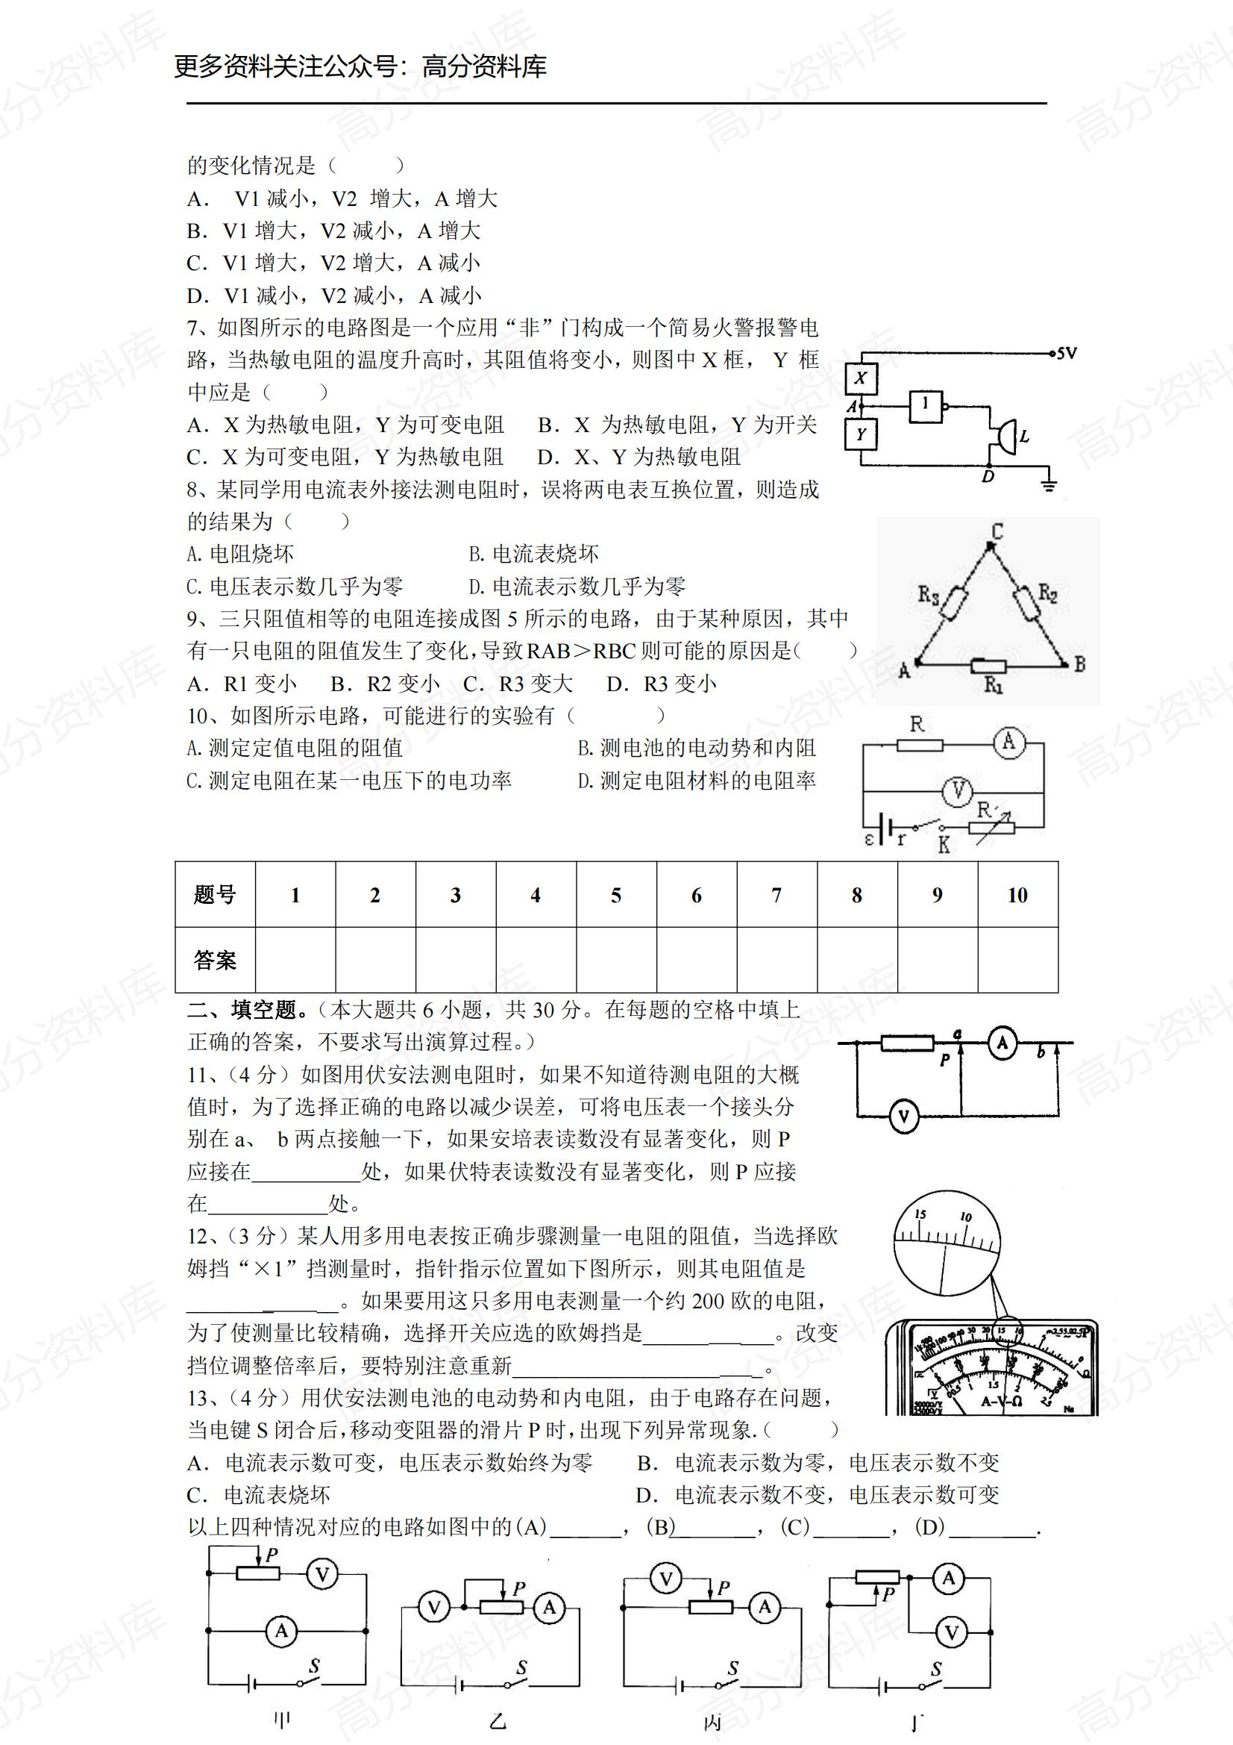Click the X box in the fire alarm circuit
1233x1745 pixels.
click(861, 378)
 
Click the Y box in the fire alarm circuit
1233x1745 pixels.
click(861, 434)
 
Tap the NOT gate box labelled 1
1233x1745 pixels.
click(926, 406)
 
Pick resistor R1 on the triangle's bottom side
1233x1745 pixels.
click(990, 667)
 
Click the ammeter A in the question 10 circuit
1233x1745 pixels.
click(1009, 741)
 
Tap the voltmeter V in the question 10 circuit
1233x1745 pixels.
click(958, 792)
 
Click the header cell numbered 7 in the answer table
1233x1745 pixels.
click(776, 896)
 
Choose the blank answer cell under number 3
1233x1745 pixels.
click(456, 960)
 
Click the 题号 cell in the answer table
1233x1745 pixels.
click(215, 896)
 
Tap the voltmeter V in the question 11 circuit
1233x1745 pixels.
click(903, 1117)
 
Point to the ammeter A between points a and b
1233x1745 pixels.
click(1002, 1043)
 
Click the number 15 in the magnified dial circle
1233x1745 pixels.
click(920, 1214)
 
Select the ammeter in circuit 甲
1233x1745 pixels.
click(282, 1631)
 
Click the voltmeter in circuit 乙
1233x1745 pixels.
click(434, 1608)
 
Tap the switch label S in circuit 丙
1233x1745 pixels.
click(733, 1668)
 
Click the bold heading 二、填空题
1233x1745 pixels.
click(248, 1010)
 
